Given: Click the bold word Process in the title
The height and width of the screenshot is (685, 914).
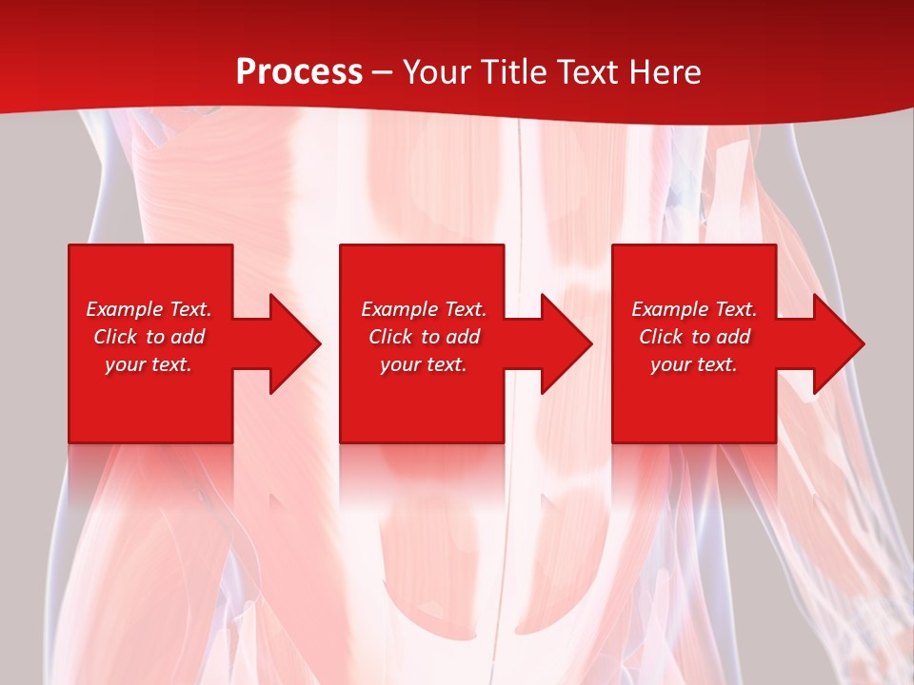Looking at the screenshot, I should pos(299,72).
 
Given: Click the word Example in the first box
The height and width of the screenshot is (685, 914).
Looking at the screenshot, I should pos(125,309).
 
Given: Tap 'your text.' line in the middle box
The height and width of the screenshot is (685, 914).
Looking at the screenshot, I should pos(423,364).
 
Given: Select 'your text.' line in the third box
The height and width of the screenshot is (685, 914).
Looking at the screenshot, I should pos(693,364).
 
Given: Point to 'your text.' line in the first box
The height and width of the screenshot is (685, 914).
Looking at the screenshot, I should pos(149,364).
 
